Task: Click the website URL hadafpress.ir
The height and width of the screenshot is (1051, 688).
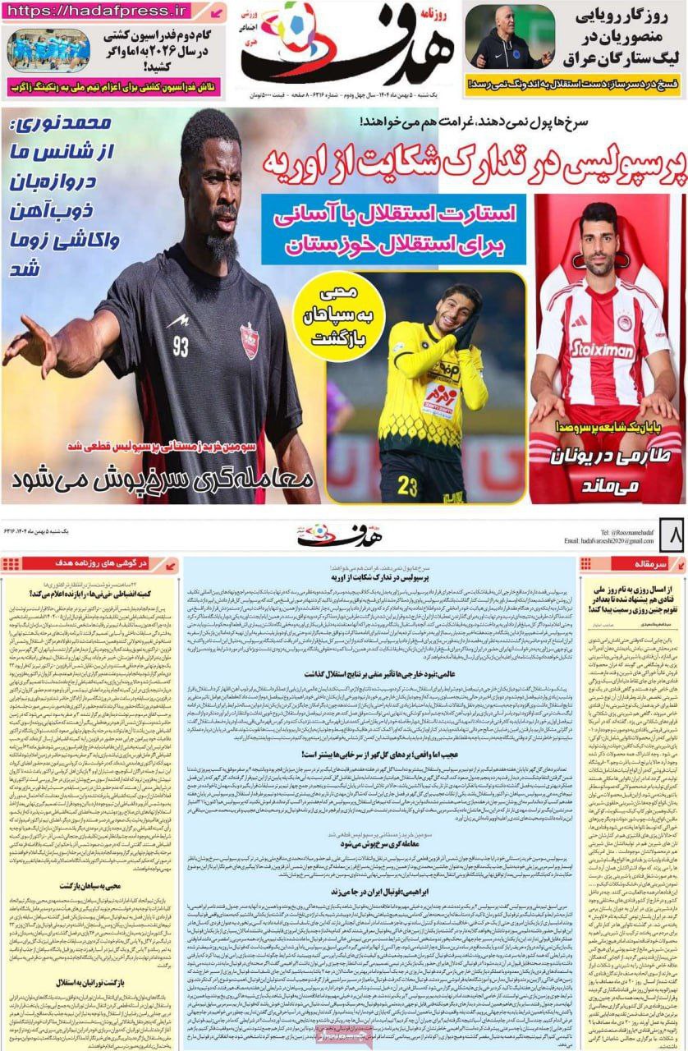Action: point(98,11)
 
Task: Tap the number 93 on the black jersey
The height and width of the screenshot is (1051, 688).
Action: point(181,347)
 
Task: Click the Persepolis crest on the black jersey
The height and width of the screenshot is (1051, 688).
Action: point(249,341)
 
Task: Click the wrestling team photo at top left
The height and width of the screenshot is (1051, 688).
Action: point(48,50)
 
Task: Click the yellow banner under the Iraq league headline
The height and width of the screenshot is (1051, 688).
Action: point(573,85)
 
